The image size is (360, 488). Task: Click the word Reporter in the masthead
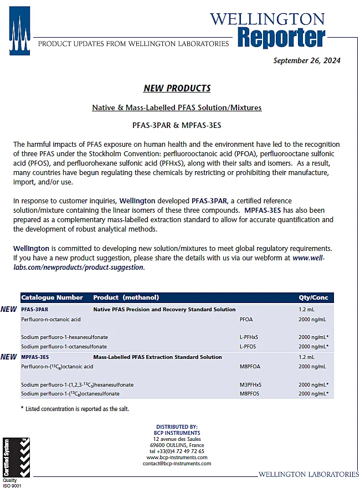pyautogui.click(x=281, y=38)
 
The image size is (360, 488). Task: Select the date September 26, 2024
pyautogui.click(x=306, y=60)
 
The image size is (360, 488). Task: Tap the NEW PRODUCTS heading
pyautogui.click(x=177, y=88)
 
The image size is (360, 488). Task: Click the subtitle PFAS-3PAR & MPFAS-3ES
pyautogui.click(x=177, y=126)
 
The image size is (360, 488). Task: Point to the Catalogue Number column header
pyautogui.click(x=52, y=297)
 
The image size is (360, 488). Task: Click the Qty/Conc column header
pyautogui.click(x=313, y=297)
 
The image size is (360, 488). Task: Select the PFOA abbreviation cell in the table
pyautogui.click(x=246, y=320)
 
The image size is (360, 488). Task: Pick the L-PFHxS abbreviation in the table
pyautogui.click(x=249, y=337)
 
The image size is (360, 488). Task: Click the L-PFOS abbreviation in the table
pyautogui.click(x=248, y=346)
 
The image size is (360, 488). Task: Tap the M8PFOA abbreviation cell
pyautogui.click(x=250, y=367)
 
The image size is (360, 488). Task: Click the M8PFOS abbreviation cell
pyautogui.click(x=250, y=394)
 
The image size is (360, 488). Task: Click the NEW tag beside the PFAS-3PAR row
pyautogui.click(x=8, y=309)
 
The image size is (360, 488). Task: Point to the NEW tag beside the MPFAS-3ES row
pyautogui.click(x=8, y=357)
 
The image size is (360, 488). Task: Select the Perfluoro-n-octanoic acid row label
pyautogui.click(x=51, y=320)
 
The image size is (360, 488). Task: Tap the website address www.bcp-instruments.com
pyautogui.click(x=177, y=457)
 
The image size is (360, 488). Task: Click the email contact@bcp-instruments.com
pyautogui.click(x=177, y=464)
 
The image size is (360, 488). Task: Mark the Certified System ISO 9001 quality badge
pyautogui.click(x=16, y=460)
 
